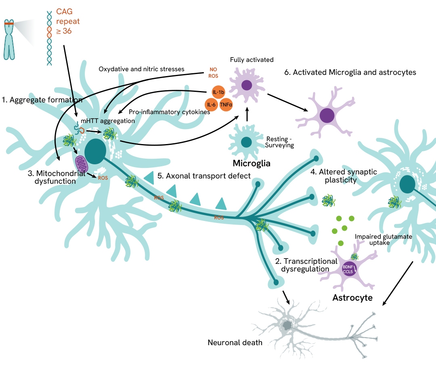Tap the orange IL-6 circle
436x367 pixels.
tap(211, 104)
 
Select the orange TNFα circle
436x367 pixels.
tap(226, 104)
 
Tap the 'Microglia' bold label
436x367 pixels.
tap(251, 163)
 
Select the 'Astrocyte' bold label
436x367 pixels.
tap(352, 298)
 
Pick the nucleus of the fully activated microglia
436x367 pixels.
tap(247, 85)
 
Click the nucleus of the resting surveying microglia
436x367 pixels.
tap(246, 142)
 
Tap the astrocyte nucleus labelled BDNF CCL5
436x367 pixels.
tap(348, 269)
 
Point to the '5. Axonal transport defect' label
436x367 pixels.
tap(204, 176)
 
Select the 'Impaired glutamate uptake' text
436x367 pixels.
tap(383, 240)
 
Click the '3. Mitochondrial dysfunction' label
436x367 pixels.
tap(57, 177)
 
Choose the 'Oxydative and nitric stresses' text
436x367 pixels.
tap(141, 69)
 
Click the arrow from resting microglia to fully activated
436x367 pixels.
tap(247, 113)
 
